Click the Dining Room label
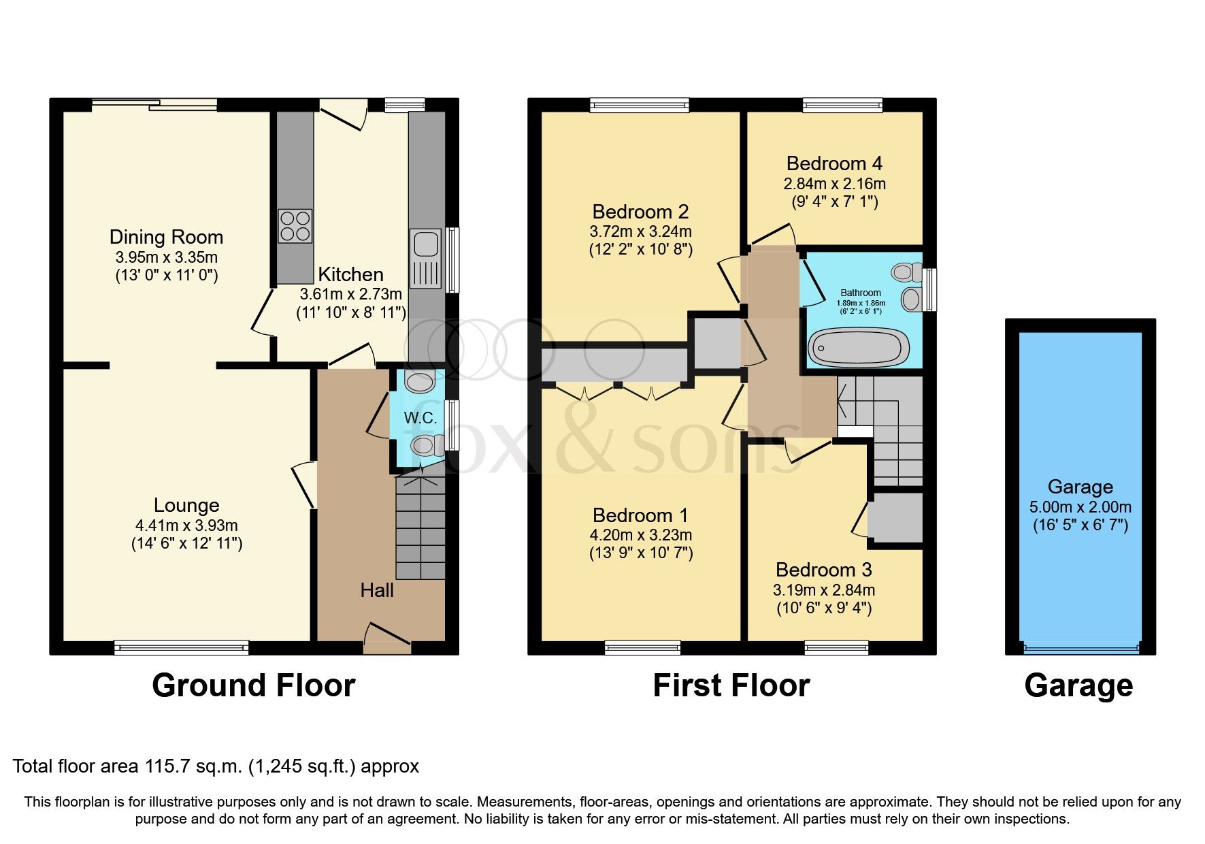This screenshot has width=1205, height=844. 166,237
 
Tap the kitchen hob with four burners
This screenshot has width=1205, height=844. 295,226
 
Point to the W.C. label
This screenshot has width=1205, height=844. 420,418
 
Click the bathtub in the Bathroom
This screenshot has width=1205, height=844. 858,347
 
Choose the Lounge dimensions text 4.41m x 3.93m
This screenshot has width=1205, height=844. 186,525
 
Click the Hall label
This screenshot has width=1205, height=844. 376,590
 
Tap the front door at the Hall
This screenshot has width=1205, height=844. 387,640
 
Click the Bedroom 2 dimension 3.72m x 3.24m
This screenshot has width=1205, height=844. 640,231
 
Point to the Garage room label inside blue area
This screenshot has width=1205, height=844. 1080,487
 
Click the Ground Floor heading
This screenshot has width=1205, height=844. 253,685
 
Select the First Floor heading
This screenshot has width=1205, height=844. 731,685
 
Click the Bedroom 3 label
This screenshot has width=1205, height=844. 823,570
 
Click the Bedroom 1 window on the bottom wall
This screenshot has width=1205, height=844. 642,647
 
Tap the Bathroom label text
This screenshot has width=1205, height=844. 860,293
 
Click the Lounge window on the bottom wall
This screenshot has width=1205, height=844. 181,647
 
